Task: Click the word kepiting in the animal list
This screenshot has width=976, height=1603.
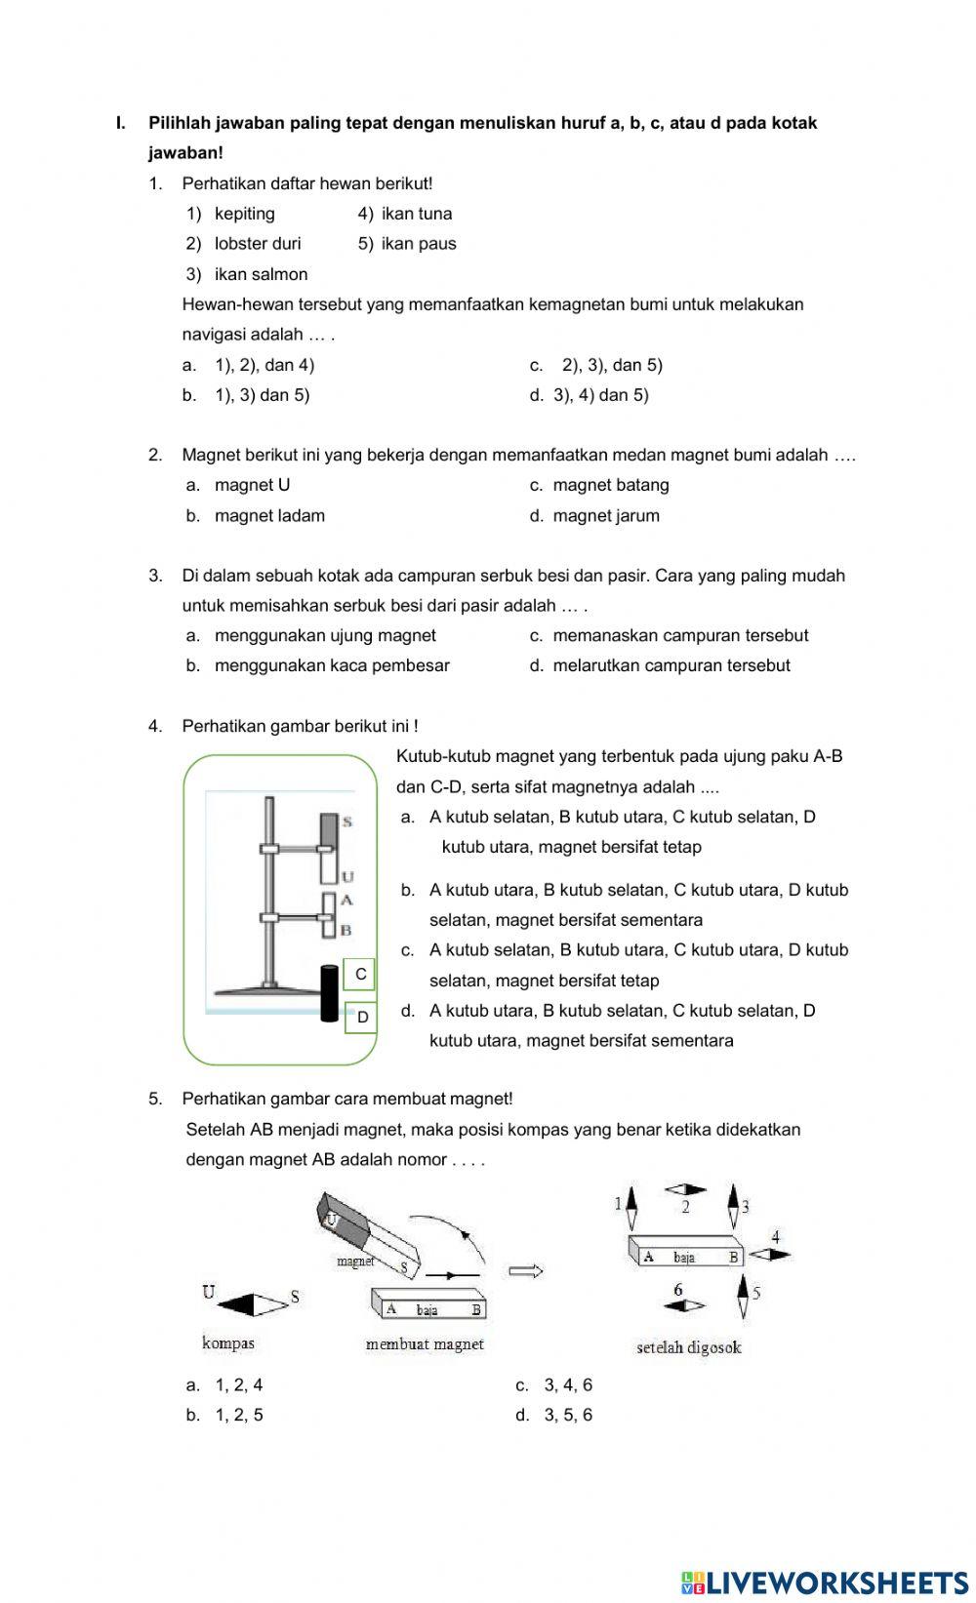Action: point(244,214)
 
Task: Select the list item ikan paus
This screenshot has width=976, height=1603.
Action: point(418,244)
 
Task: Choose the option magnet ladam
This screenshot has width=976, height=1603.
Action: point(269,516)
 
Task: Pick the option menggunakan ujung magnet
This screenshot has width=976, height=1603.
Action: point(325,636)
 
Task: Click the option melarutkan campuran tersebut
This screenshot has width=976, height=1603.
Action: point(671,666)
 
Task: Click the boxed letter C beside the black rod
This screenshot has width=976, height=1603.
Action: point(360,974)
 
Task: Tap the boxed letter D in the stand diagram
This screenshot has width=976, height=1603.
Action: point(362,1018)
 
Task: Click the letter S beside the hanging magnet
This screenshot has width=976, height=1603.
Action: point(347,822)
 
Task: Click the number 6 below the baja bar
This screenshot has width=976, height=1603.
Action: point(678,1290)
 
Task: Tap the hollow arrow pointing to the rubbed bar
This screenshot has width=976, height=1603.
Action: point(525,1270)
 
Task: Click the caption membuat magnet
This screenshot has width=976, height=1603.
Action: point(425,1344)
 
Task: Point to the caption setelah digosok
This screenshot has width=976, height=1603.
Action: point(688,1348)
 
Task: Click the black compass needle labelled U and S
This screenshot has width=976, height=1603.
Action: point(252,1304)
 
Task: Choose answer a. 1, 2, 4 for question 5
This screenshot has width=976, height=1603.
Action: point(238,1385)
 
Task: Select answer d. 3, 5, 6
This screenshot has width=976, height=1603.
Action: point(567,1416)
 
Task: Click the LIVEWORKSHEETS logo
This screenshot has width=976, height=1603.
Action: point(825,1583)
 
